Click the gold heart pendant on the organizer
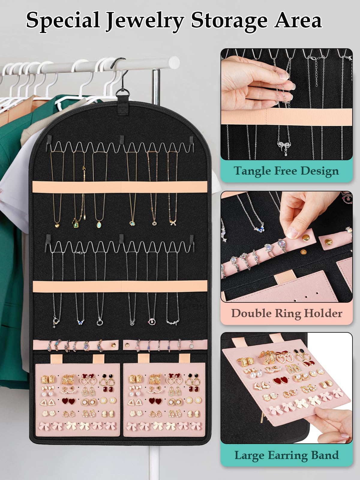pyautogui.click(x=57, y=225)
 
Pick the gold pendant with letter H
pyautogui.click(x=154, y=223)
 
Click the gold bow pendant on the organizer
pyautogui.click(x=173, y=223)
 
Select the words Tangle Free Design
pyautogui.click(x=286, y=171)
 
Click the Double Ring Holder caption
pyautogui.click(x=287, y=313)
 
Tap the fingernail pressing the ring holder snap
pyautogui.click(x=292, y=232)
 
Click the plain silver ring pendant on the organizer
pyautogui.click(x=100, y=322)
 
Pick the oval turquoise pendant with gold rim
pyautogui.click(x=99, y=224)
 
